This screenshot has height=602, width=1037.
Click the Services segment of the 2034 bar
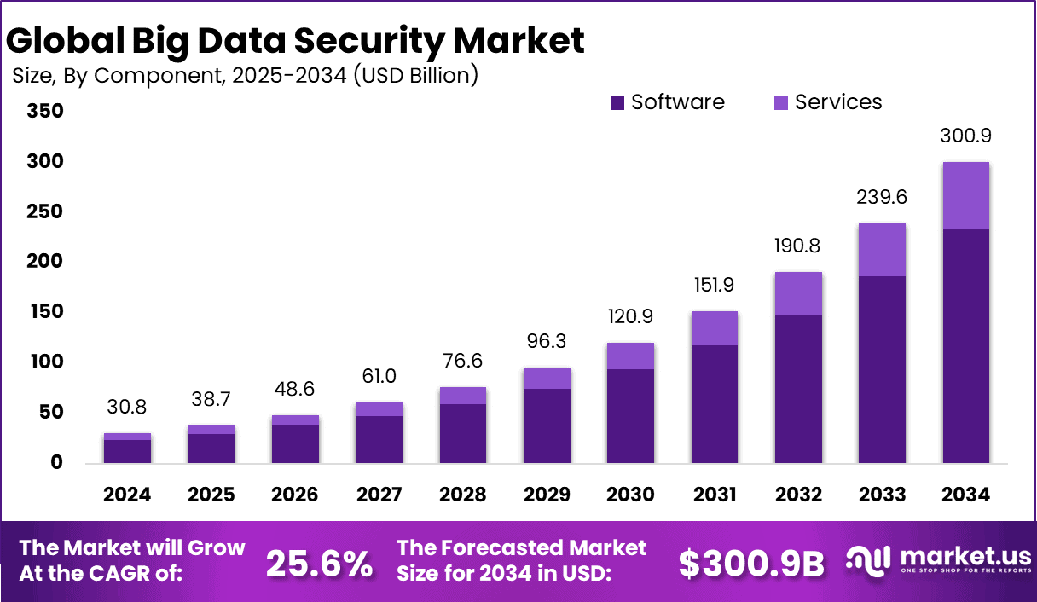(965, 195)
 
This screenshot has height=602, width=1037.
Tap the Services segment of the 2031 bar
(714, 328)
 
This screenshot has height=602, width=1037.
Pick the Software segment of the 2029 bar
(547, 425)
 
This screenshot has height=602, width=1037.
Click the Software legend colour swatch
(617, 103)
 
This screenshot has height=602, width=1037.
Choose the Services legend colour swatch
(781, 103)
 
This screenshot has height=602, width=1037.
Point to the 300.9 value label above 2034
(965, 136)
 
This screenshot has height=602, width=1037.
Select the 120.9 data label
(630, 317)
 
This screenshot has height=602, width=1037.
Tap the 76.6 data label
(463, 362)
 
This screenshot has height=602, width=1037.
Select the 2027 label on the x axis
(379, 495)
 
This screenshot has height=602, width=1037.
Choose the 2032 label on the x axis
(798, 495)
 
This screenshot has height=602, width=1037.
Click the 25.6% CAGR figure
(320, 564)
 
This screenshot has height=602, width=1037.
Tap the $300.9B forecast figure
(751, 564)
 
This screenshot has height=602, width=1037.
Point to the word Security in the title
(355, 41)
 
